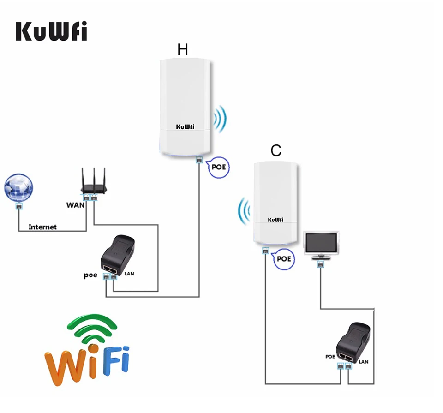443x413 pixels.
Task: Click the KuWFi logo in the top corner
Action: [51, 30]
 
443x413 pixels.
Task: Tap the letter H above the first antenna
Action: [183, 50]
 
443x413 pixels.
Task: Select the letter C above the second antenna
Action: [276, 150]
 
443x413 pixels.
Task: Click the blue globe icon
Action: [18, 187]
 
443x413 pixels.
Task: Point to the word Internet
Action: [42, 227]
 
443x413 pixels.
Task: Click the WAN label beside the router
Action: [74, 204]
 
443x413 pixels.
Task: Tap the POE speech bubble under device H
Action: [217, 167]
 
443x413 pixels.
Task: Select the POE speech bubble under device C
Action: [283, 258]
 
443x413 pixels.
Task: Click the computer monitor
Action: [322, 245]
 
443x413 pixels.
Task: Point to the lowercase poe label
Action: [90, 275]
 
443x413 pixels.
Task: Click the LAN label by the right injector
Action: [364, 361]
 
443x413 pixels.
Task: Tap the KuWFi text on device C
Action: [275, 220]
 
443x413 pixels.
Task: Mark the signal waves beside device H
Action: [221, 120]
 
